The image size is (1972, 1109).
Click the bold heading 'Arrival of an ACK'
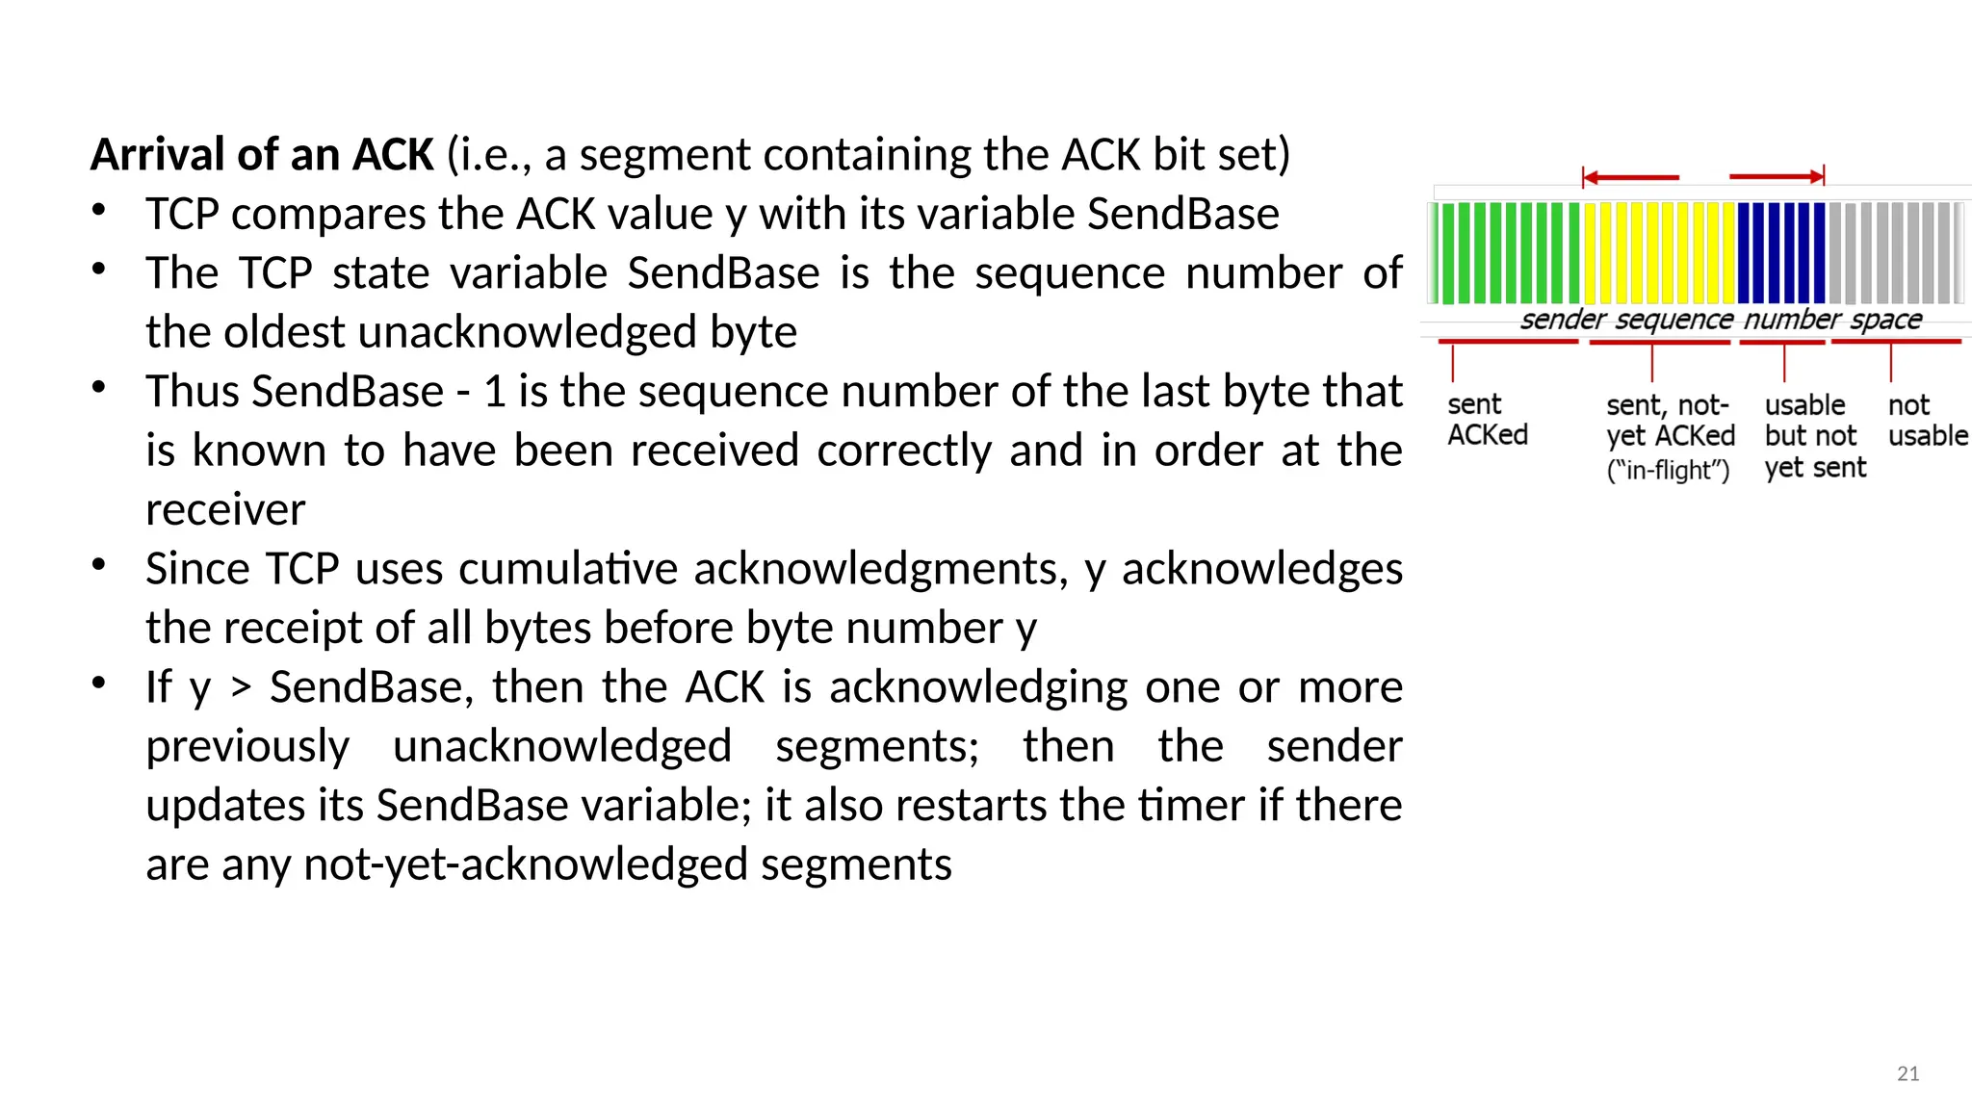(x=262, y=155)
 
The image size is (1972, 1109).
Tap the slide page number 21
(x=1907, y=1073)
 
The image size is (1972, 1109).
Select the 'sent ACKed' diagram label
(x=1487, y=420)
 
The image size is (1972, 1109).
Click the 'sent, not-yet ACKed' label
(x=1670, y=436)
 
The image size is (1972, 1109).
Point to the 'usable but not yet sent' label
(x=1814, y=436)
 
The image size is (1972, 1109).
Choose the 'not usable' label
(x=1927, y=420)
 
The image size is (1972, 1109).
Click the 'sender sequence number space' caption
(x=1721, y=320)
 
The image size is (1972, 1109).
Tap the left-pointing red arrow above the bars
(x=1630, y=177)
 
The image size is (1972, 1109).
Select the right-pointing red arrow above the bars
(x=1777, y=176)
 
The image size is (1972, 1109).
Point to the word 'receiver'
(x=225, y=509)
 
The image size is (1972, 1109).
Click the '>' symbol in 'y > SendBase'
(x=241, y=687)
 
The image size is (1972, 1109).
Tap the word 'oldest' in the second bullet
(x=284, y=332)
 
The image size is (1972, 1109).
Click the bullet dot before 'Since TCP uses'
(x=98, y=565)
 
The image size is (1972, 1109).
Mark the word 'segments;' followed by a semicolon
(x=877, y=746)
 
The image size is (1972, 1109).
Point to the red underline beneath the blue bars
(x=1781, y=342)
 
